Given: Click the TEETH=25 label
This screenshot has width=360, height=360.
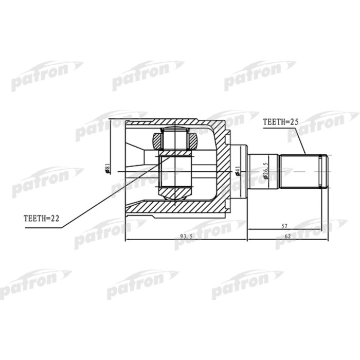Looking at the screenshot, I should [x=281, y=122].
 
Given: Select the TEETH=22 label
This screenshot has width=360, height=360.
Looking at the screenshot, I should [x=42, y=218].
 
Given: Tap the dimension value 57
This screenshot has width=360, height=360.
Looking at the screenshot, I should [x=284, y=224].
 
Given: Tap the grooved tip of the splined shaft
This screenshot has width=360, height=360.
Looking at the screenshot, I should [x=323, y=170].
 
